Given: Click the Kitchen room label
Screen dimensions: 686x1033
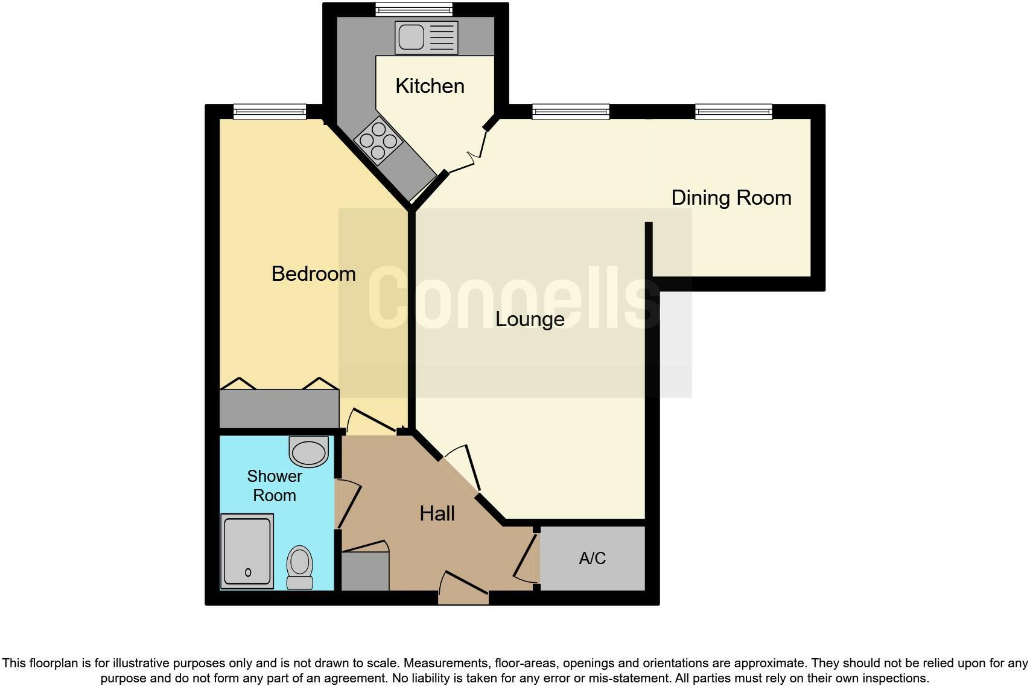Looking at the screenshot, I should click(x=430, y=86).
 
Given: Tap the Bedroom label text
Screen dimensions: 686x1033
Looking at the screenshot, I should click(x=313, y=274).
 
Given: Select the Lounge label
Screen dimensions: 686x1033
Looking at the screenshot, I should click(x=530, y=319).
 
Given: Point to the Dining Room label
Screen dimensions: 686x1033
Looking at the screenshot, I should click(x=731, y=197).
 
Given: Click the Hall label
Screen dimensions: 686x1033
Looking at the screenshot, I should click(x=437, y=514).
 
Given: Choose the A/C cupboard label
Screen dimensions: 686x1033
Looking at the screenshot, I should click(x=592, y=558).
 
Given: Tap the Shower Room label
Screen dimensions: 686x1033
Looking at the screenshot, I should click(x=275, y=486).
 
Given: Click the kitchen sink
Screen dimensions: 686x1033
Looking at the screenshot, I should click(x=426, y=37).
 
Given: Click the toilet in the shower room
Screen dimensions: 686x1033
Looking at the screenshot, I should click(x=300, y=566).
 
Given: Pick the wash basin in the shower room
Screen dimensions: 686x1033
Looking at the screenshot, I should click(x=309, y=452).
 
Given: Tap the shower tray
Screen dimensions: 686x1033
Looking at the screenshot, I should click(x=247, y=551).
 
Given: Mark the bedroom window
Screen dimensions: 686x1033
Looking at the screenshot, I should click(x=270, y=112).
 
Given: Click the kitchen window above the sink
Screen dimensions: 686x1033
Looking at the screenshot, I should click(x=413, y=9).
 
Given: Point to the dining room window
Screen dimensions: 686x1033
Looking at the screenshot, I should click(x=733, y=112).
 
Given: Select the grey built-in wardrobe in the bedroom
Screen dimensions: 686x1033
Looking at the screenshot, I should click(x=279, y=409).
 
